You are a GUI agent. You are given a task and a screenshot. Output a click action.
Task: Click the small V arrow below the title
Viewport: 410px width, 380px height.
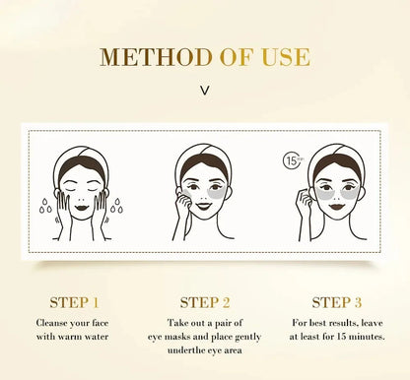[204, 90]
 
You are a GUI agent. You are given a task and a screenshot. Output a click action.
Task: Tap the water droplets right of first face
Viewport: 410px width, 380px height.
[116, 206]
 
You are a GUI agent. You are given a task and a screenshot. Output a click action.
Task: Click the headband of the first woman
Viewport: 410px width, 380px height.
[82, 158]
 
